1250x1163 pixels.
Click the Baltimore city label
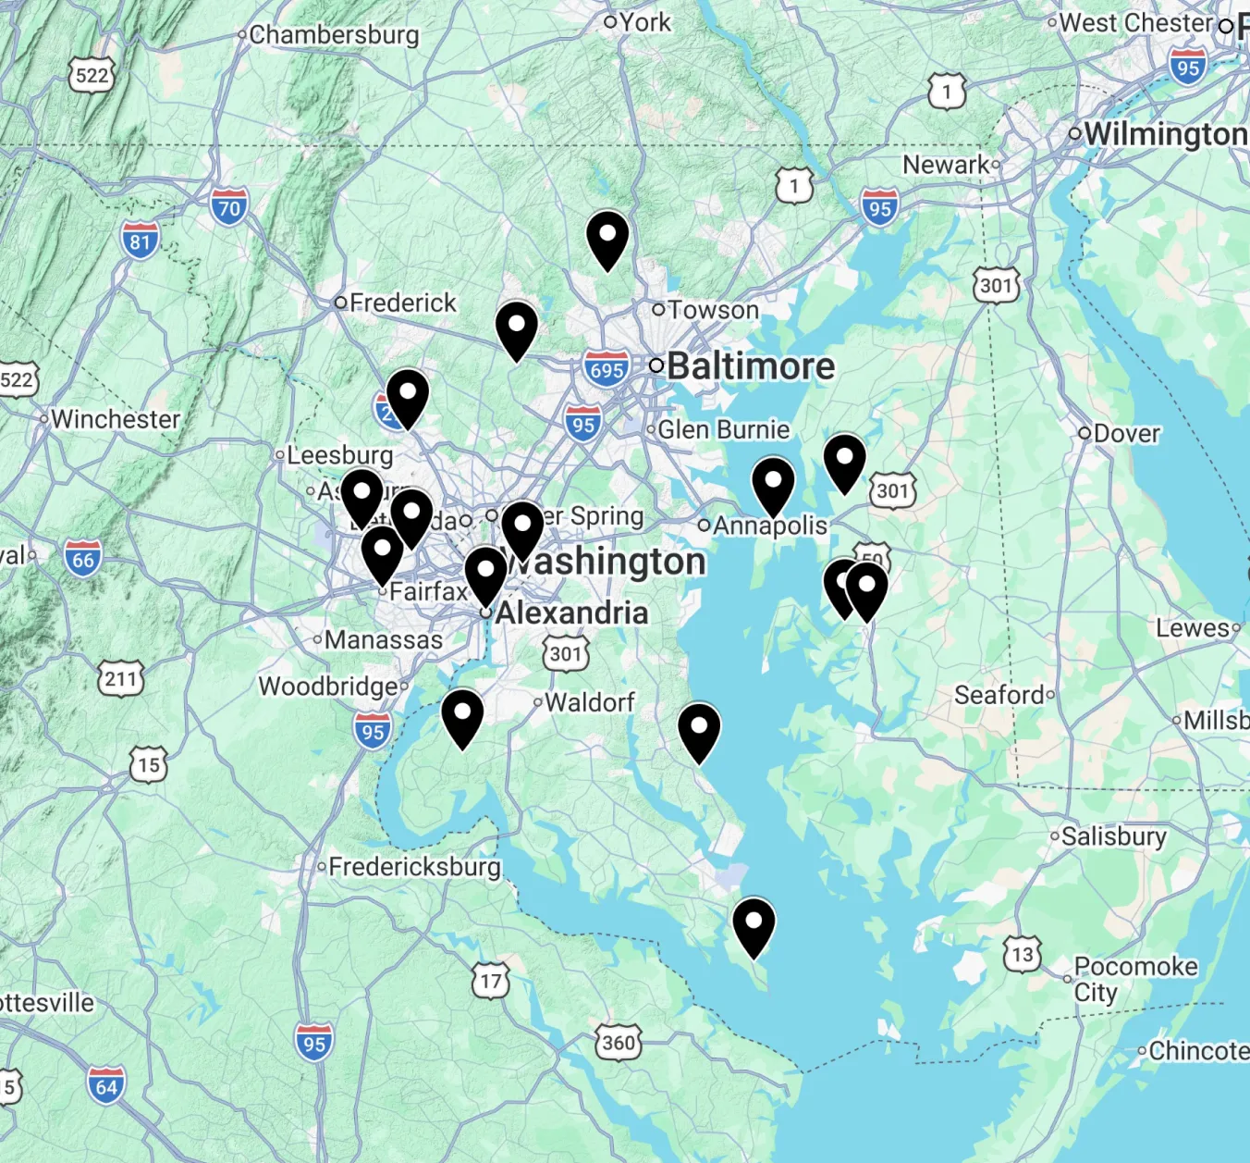tap(750, 366)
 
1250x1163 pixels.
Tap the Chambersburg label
tap(334, 35)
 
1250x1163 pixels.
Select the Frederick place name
tap(402, 303)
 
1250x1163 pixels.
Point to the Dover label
tap(1125, 433)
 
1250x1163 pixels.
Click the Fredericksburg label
tap(414, 867)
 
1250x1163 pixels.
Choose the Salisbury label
tap(1113, 836)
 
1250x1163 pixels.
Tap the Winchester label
tap(116, 419)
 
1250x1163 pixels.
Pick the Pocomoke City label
tap(1134, 979)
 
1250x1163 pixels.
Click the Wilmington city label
tap(1165, 134)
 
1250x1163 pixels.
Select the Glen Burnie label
tap(723, 429)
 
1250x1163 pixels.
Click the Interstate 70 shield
tap(228, 207)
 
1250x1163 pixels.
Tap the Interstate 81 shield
tap(140, 241)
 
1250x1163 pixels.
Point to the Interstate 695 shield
tap(607, 370)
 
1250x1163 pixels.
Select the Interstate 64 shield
tap(106, 1086)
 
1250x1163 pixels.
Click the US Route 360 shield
tap(618, 1043)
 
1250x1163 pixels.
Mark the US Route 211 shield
tap(121, 679)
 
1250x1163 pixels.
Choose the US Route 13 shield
tap(1023, 955)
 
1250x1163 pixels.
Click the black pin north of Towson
tap(607, 240)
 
